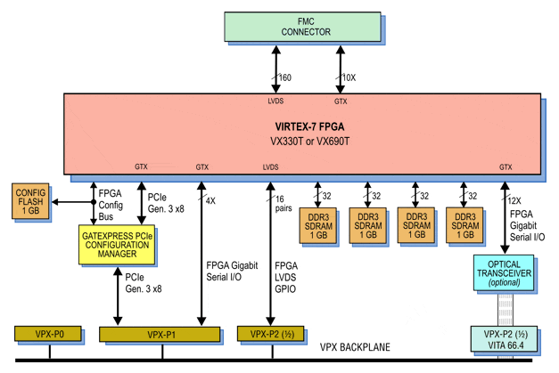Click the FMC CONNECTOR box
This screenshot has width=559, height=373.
pos(306,28)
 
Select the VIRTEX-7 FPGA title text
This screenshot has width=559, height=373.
pos(304,126)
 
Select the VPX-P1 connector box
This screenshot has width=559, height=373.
pos(160,335)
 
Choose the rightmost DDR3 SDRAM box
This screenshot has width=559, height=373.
pos(464,226)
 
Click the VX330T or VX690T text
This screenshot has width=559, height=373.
pos(304,141)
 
